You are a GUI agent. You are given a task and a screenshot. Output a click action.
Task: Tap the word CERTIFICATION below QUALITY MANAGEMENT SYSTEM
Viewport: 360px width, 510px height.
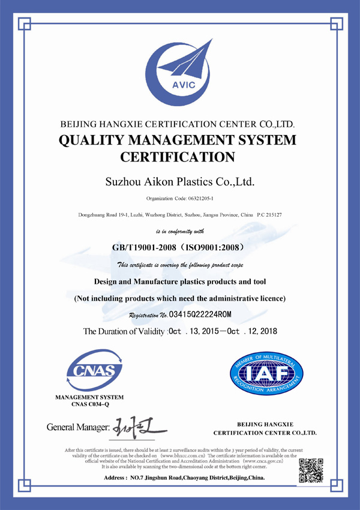coord(178,158)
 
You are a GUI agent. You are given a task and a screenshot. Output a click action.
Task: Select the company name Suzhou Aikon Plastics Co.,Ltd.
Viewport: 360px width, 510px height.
coord(179,180)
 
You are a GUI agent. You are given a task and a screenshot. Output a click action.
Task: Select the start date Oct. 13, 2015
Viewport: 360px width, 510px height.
coord(194,331)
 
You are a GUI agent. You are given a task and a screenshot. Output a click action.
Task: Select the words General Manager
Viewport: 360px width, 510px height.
coord(74,428)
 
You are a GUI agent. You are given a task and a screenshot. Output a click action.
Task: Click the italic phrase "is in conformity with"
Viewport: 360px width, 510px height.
coord(180,230)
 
